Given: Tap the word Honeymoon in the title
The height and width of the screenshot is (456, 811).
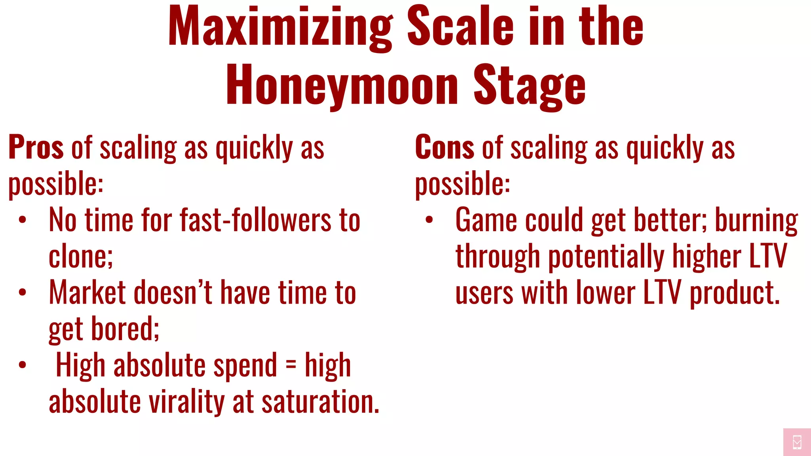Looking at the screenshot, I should point(342,85).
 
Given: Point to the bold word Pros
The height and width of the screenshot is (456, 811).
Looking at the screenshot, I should point(36,147).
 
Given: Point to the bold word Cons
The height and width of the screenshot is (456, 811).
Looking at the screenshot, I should point(444,147).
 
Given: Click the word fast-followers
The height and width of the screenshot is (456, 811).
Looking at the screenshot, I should point(255,220).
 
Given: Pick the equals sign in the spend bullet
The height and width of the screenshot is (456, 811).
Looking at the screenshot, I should point(291,365).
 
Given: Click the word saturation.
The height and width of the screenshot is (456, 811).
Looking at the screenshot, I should point(320,401).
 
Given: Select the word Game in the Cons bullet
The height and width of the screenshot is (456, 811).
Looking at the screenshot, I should point(486,220).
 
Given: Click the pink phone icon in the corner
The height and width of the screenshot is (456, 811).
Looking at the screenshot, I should point(797,442).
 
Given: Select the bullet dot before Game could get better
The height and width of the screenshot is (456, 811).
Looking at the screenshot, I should point(429,220).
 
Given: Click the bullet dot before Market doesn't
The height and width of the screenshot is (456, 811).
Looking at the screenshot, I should point(23,293).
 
